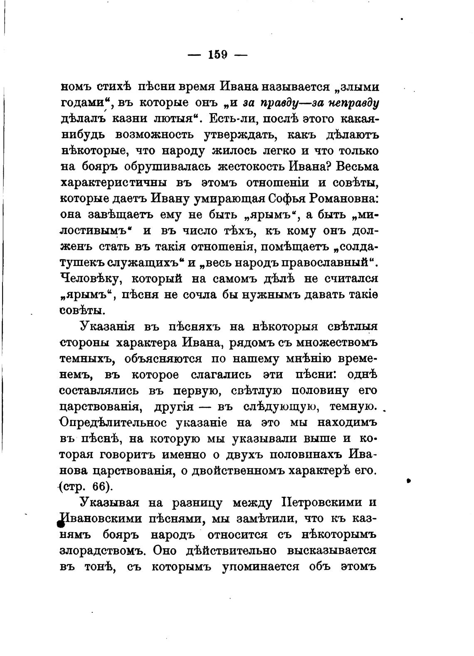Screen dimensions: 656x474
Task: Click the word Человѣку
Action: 90,279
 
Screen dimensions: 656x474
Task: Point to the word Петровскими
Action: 317,503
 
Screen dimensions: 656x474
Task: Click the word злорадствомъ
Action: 103,551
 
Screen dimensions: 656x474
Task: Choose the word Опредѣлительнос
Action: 114,423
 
